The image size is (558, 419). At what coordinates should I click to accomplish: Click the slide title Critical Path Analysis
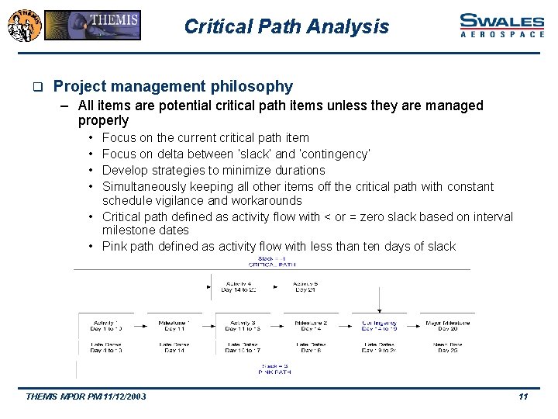coord(286,26)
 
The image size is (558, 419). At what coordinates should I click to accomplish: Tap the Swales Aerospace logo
coord(501,25)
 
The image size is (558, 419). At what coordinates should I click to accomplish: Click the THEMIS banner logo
coord(92,25)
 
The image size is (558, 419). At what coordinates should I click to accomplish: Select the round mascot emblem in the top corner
coord(22,24)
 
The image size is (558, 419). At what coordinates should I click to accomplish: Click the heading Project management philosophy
coord(173,86)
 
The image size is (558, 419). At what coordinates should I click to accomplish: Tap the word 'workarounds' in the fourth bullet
coord(263,201)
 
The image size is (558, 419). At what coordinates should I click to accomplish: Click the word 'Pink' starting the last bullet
coord(115,246)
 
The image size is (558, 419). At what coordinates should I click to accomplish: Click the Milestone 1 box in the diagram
coord(174,325)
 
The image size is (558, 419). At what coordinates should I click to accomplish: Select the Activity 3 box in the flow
coord(242,325)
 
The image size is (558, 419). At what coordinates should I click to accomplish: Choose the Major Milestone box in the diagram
coord(446,325)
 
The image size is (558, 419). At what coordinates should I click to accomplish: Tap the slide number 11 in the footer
coord(523,397)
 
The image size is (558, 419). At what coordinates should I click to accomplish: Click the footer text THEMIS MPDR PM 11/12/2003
coord(85,397)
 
